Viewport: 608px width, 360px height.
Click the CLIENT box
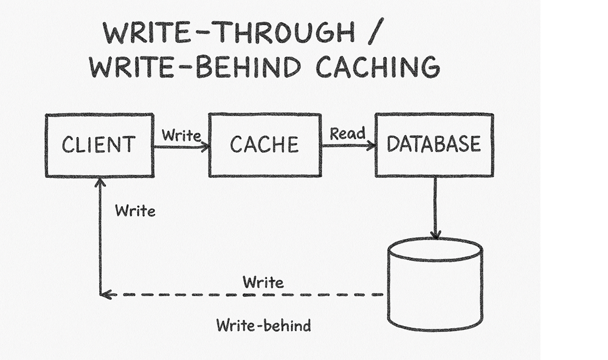(99, 145)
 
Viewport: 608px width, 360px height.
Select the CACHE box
(264, 145)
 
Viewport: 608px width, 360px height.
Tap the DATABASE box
(434, 145)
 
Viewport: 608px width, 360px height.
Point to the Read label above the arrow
(347, 134)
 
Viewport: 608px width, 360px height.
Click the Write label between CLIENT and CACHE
(181, 136)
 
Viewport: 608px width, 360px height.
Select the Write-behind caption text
(263, 325)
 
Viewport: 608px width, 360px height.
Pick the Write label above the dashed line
(263, 282)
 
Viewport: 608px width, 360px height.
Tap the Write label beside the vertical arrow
(135, 211)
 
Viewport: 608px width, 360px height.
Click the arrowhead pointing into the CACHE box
(205, 147)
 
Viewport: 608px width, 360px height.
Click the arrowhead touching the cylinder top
(435, 234)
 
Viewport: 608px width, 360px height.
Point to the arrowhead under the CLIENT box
(100, 182)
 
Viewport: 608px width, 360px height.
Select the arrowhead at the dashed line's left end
(105, 295)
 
